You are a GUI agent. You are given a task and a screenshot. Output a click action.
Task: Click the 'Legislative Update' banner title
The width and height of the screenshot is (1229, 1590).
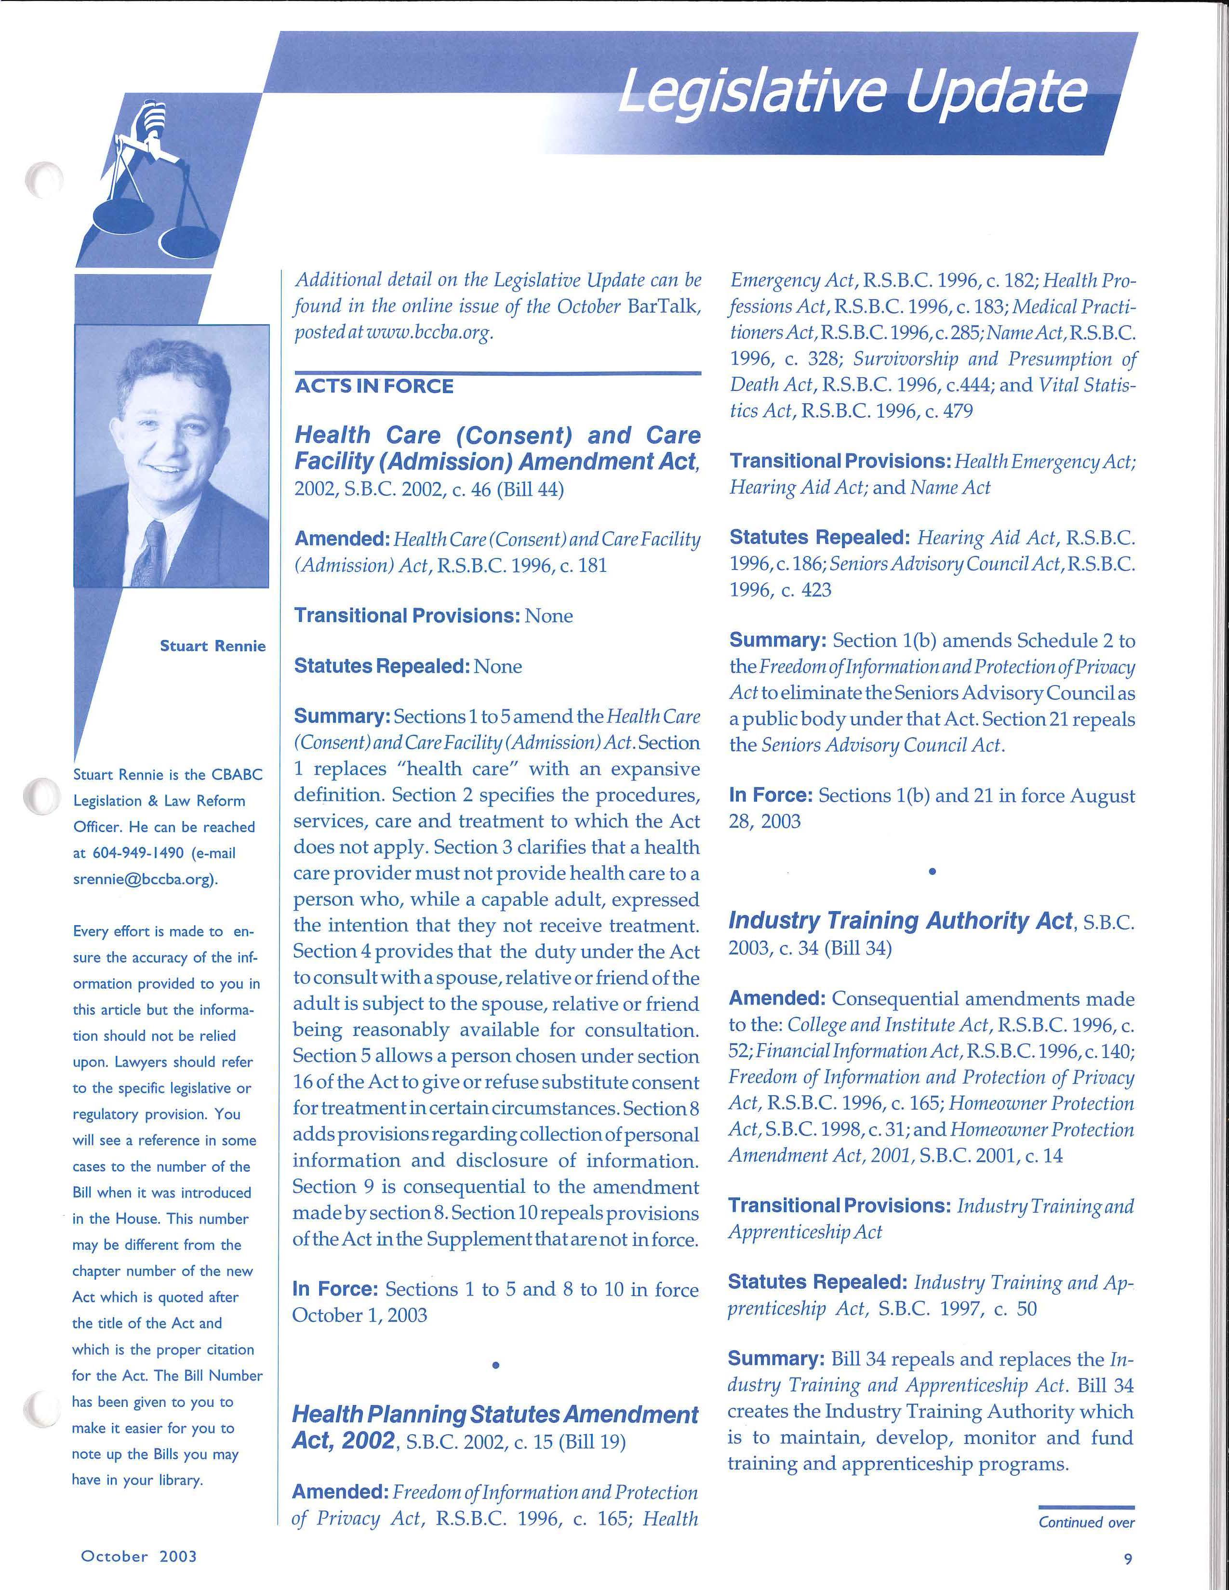pyautogui.click(x=852, y=94)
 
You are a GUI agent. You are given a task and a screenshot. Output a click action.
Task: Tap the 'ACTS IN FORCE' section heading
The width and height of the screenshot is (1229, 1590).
pyautogui.click(x=374, y=386)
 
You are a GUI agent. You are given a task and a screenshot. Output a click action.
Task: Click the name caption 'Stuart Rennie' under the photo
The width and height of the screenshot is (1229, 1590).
pyautogui.click(x=213, y=647)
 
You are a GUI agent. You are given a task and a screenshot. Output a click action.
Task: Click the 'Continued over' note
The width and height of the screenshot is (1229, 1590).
pyautogui.click(x=1086, y=1522)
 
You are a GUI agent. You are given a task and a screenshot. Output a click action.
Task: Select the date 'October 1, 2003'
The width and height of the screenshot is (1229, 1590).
pyautogui.click(x=360, y=1315)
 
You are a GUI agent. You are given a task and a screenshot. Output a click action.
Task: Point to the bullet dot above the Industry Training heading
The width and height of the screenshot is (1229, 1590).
pyautogui.click(x=932, y=871)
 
